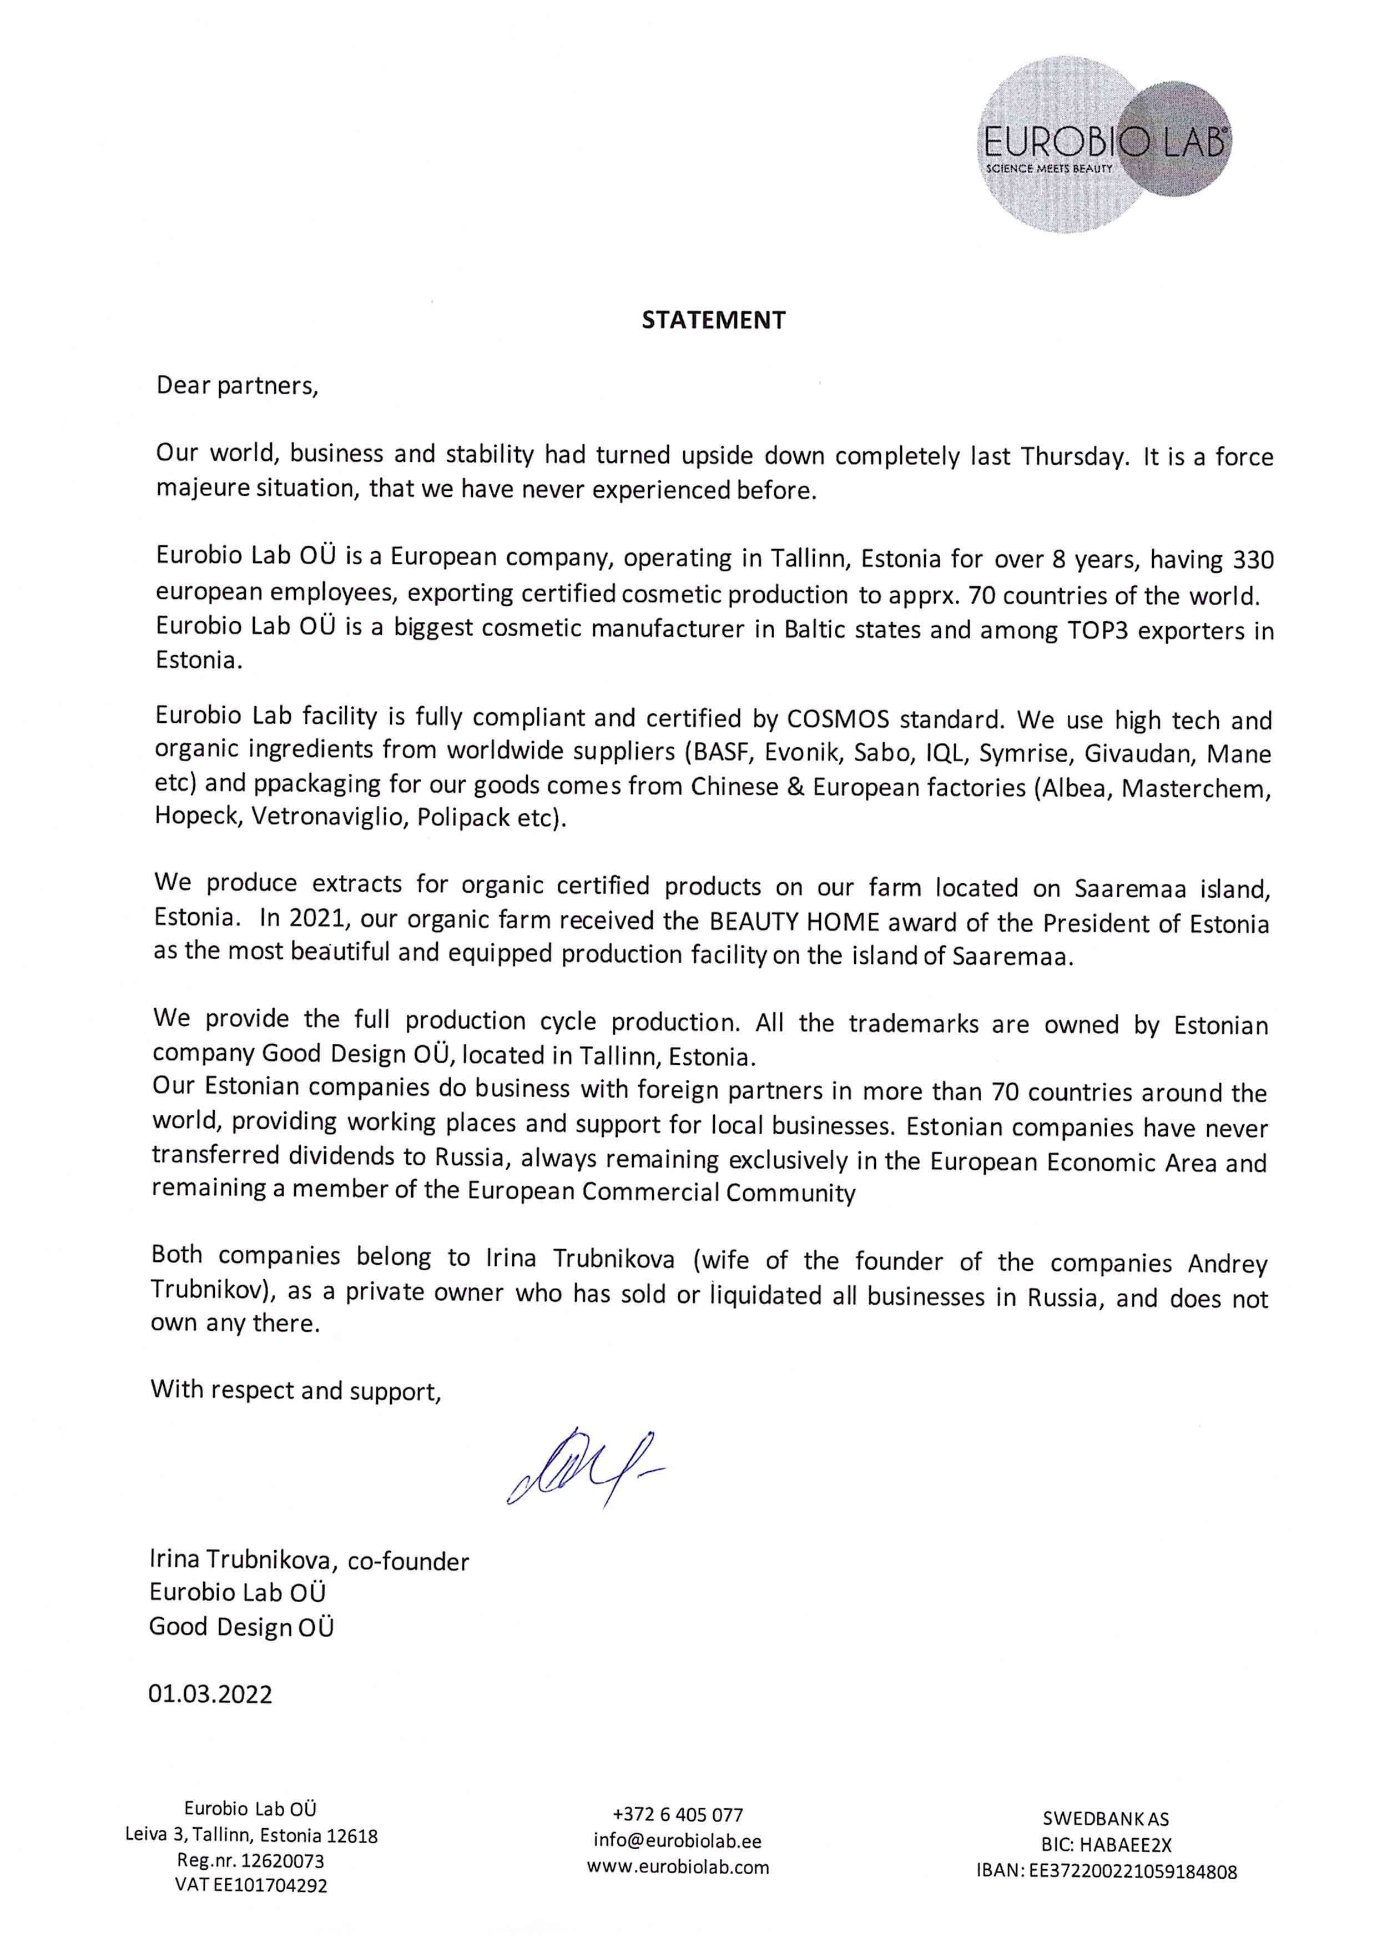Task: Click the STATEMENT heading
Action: tap(713, 320)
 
